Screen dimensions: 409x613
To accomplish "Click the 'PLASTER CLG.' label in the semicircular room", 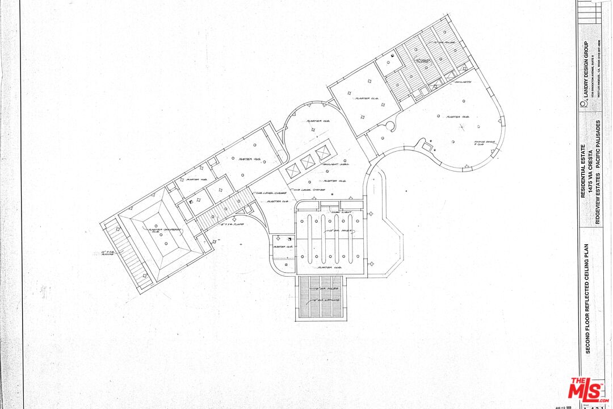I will (318, 121).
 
